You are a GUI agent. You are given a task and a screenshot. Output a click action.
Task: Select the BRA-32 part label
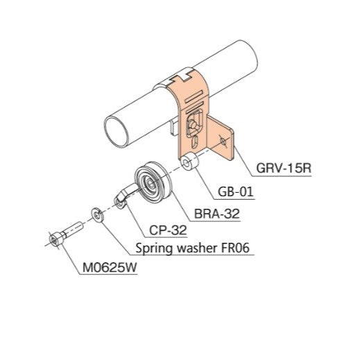coord(218,214)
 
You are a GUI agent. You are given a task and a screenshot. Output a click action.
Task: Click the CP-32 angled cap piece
coord(123,196)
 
